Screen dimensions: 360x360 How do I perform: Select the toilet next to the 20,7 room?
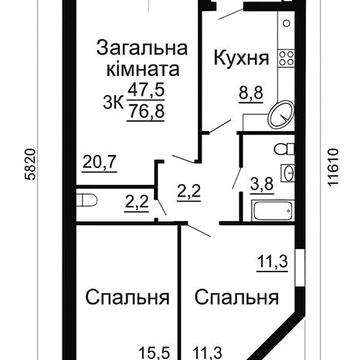88,204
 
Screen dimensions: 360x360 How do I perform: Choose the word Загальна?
139,47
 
